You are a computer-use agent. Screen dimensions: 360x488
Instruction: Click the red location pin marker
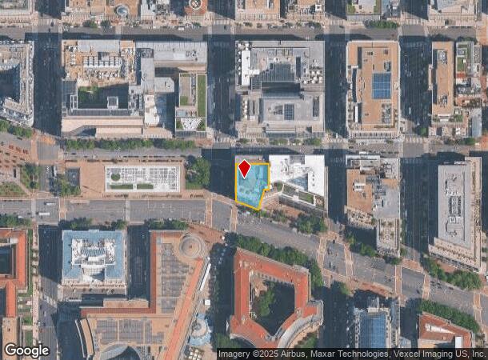click(x=245, y=169)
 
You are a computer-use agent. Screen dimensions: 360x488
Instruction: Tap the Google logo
click(x=26, y=350)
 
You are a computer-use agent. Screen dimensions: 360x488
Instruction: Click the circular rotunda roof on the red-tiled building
click(x=191, y=246)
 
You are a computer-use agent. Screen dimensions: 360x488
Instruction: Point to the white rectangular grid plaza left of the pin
click(x=142, y=178)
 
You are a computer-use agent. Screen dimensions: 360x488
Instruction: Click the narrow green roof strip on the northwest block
click(x=202, y=95)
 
